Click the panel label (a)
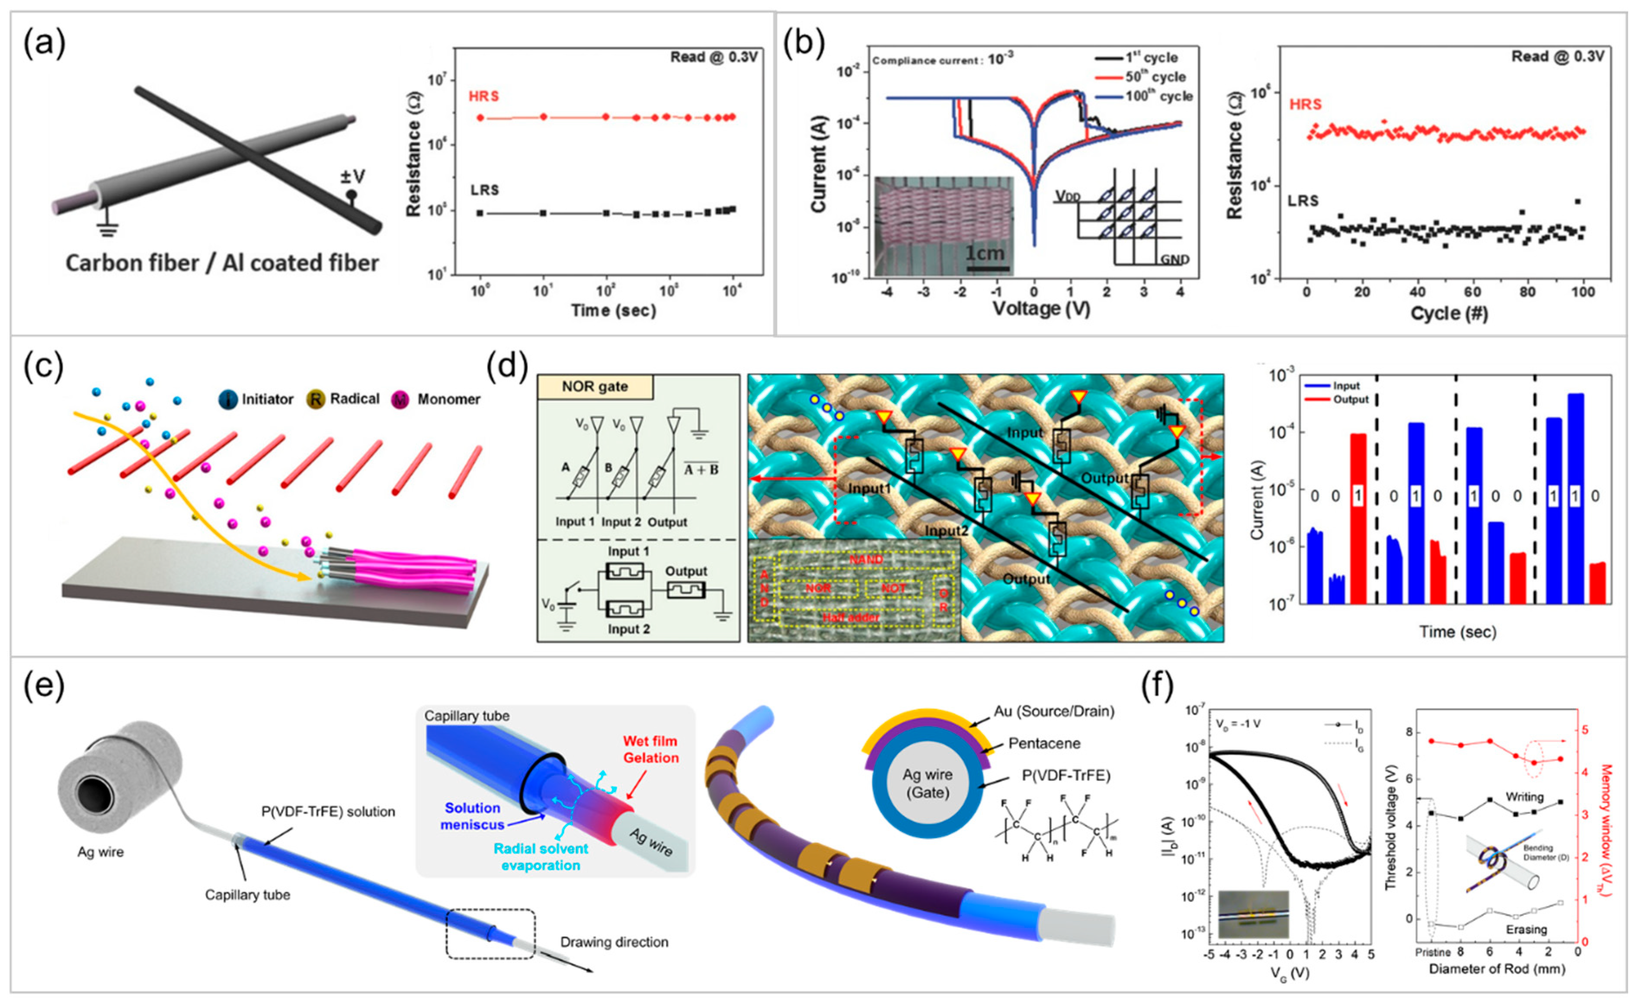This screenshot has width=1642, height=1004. tap(45, 45)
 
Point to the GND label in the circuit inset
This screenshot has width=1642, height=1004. tap(1174, 259)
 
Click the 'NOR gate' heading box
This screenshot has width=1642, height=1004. tap(595, 387)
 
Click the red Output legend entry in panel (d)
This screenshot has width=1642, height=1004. tap(1350, 400)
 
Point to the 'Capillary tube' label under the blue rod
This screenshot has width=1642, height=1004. tap(247, 895)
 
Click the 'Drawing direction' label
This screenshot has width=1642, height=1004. tap(614, 942)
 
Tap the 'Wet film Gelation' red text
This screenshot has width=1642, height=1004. tap(650, 749)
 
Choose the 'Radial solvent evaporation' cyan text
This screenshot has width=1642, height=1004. tap(541, 857)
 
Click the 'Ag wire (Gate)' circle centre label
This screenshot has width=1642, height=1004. tap(927, 783)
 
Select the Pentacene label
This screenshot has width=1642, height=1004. tap(1044, 744)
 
